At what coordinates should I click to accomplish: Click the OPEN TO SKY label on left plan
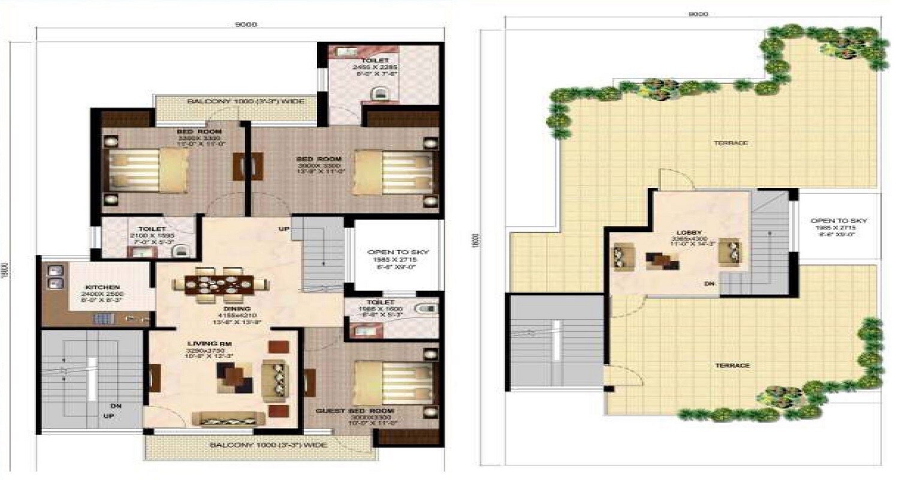[x=399, y=252]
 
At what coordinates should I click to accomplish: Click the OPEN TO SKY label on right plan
[x=839, y=221]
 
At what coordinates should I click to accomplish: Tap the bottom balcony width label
[x=260, y=445]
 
